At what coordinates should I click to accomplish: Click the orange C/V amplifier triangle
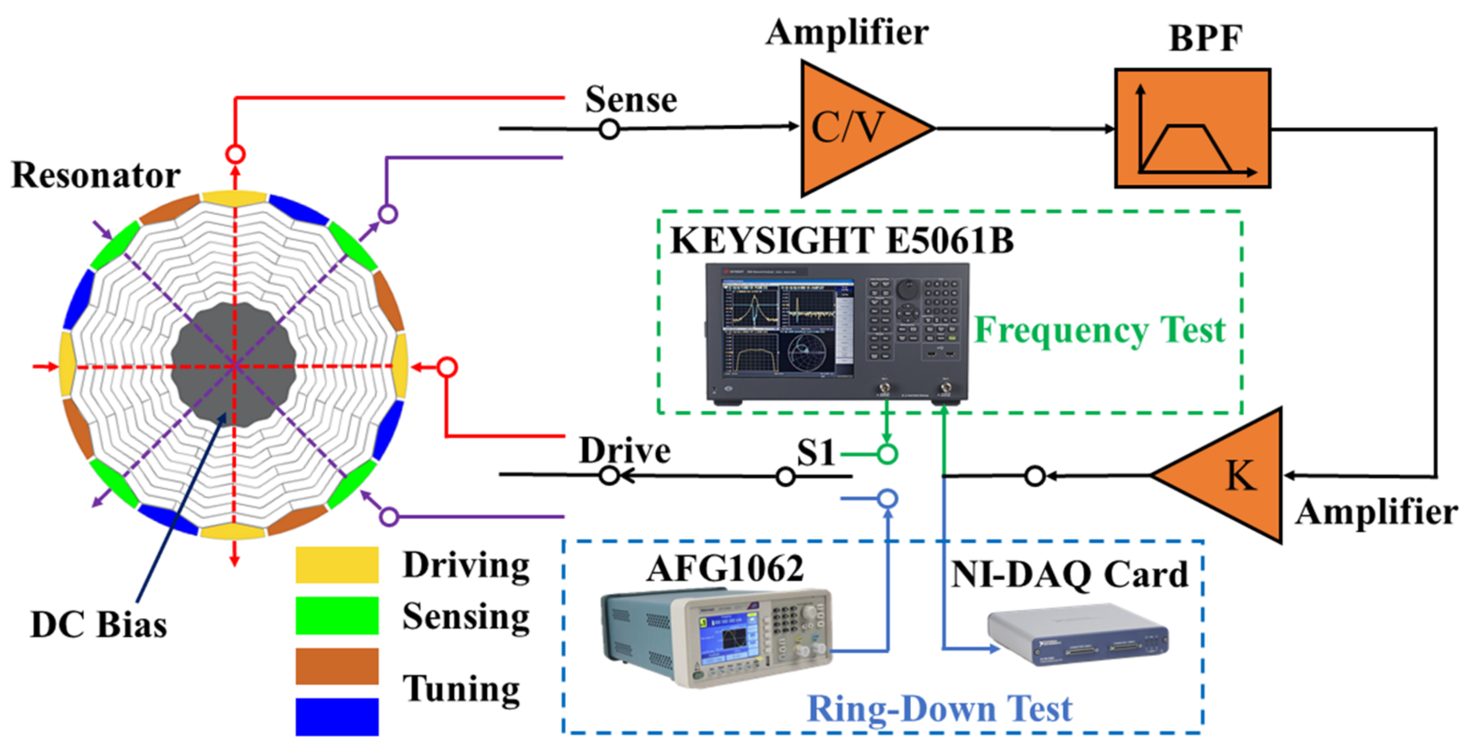(x=851, y=128)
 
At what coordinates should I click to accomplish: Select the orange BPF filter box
(x=1192, y=128)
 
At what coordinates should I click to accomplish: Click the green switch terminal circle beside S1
(x=887, y=454)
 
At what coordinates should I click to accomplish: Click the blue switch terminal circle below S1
(x=887, y=498)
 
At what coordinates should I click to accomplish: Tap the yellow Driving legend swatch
(x=337, y=565)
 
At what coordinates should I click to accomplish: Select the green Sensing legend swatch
(x=337, y=616)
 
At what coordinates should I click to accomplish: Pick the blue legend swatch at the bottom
(x=337, y=716)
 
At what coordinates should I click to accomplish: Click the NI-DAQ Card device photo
(x=1077, y=634)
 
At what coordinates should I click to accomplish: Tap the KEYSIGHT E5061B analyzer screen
(x=789, y=329)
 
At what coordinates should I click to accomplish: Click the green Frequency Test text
(x=1099, y=331)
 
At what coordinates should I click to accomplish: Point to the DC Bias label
(x=98, y=624)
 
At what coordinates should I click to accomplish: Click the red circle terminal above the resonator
(x=235, y=154)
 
